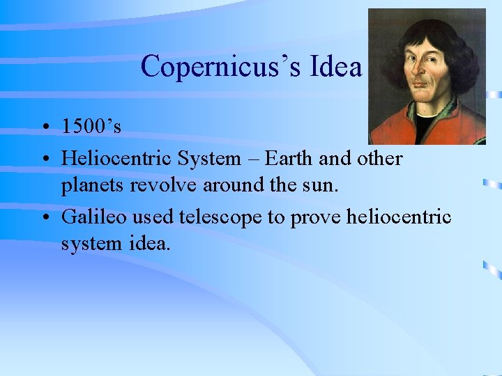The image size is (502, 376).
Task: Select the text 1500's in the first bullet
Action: (91, 127)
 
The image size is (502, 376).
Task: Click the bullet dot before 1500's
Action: (44, 127)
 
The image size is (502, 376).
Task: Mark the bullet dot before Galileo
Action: (44, 217)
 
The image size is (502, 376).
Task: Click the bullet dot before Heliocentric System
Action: (44, 159)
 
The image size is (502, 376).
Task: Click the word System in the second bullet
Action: (209, 159)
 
